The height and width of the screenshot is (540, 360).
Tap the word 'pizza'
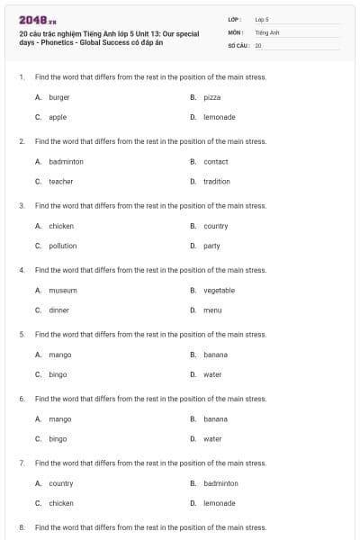[212, 97]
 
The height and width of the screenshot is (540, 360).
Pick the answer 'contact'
[216, 162]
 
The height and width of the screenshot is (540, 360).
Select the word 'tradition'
[217, 181]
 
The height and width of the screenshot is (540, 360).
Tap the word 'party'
[211, 246]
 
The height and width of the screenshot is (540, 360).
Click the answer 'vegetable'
[219, 291]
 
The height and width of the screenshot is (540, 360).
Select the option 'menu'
[212, 310]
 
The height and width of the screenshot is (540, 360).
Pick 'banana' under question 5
[215, 355]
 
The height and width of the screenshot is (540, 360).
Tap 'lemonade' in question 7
[219, 503]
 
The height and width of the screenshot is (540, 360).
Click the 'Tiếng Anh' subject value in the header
[267, 31]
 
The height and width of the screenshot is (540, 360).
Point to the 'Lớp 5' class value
[262, 19]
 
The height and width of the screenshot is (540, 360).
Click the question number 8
[22, 527]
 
